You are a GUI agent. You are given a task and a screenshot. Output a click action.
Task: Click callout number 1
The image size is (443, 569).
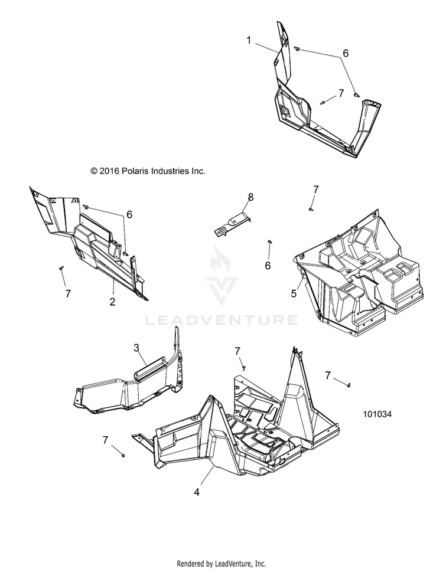click(x=249, y=40)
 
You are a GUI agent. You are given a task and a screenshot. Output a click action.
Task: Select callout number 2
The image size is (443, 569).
click(x=112, y=302)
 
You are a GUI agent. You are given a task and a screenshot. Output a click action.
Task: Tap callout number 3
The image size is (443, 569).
click(x=136, y=348)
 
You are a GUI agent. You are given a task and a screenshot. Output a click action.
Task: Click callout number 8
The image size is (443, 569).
click(x=250, y=197)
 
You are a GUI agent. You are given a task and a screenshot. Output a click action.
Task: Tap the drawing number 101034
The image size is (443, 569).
click(x=377, y=414)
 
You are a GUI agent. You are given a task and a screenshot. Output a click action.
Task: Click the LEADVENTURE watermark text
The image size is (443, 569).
click(x=221, y=321)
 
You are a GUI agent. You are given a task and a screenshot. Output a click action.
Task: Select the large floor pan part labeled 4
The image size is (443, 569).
click(x=248, y=425)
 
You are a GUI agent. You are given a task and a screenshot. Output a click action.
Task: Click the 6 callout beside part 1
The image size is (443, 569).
click(x=346, y=53)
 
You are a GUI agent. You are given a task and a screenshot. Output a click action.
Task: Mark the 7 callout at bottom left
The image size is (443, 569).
click(x=106, y=440)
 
